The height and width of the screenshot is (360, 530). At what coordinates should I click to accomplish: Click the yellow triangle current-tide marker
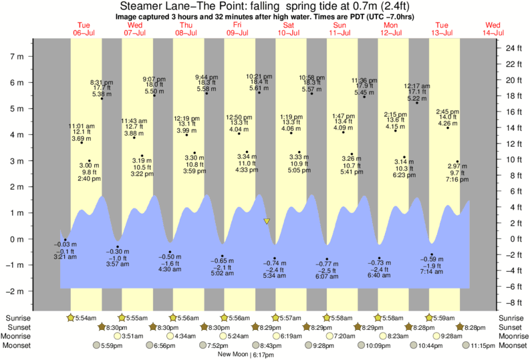tap(267, 221)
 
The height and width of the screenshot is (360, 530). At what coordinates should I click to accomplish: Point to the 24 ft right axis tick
tap(513, 49)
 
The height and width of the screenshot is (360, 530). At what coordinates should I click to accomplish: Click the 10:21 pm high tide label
tap(258, 76)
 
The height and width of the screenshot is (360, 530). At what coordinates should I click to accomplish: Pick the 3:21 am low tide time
tap(65, 256)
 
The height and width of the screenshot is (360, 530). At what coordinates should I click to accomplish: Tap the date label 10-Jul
tap(289, 33)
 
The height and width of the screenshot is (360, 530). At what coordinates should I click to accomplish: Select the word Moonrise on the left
tap(19, 336)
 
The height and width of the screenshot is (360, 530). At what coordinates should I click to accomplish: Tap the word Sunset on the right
tap(512, 327)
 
